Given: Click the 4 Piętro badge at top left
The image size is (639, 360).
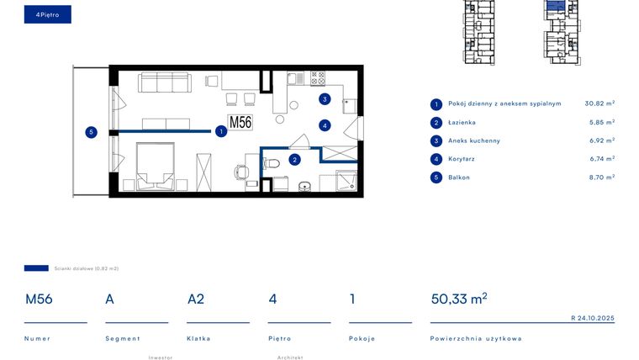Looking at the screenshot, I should pyautogui.click(x=47, y=14).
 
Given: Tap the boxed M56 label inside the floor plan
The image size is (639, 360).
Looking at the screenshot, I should pyautogui.click(x=240, y=122).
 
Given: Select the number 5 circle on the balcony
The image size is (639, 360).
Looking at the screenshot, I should pyautogui.click(x=91, y=131).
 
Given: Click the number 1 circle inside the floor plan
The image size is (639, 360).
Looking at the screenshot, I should pyautogui.click(x=220, y=131).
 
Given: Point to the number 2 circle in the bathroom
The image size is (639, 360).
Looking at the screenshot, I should pyautogui.click(x=294, y=158).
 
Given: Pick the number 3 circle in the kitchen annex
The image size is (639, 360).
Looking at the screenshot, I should pyautogui.click(x=325, y=99).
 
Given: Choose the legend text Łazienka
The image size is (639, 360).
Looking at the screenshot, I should pyautogui.click(x=462, y=123).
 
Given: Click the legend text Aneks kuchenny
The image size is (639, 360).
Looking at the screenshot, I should pyautogui.click(x=473, y=140).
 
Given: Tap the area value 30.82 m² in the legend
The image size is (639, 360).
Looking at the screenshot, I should pyautogui.click(x=599, y=103).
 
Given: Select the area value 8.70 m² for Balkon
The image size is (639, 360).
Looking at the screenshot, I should pyautogui.click(x=600, y=177).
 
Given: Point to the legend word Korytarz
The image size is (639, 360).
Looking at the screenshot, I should pyautogui.click(x=462, y=159).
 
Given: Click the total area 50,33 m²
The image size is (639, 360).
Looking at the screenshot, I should pyautogui.click(x=458, y=299).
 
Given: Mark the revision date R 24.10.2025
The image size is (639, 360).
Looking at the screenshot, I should pyautogui.click(x=592, y=318).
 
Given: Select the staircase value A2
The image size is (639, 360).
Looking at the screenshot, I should pyautogui.click(x=196, y=299).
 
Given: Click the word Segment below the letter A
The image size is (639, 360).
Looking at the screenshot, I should pyautogui.click(x=119, y=338).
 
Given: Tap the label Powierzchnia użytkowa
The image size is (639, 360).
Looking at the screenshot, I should pyautogui.click(x=475, y=338).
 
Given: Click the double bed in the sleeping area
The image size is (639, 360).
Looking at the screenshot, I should pyautogui.click(x=154, y=167).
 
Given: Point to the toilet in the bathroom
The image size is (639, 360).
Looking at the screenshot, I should pyautogui.click(x=270, y=166).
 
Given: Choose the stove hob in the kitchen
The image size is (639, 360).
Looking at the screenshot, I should pyautogui.click(x=318, y=78).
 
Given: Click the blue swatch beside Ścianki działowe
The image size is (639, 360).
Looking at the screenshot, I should pyautogui.click(x=36, y=268).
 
